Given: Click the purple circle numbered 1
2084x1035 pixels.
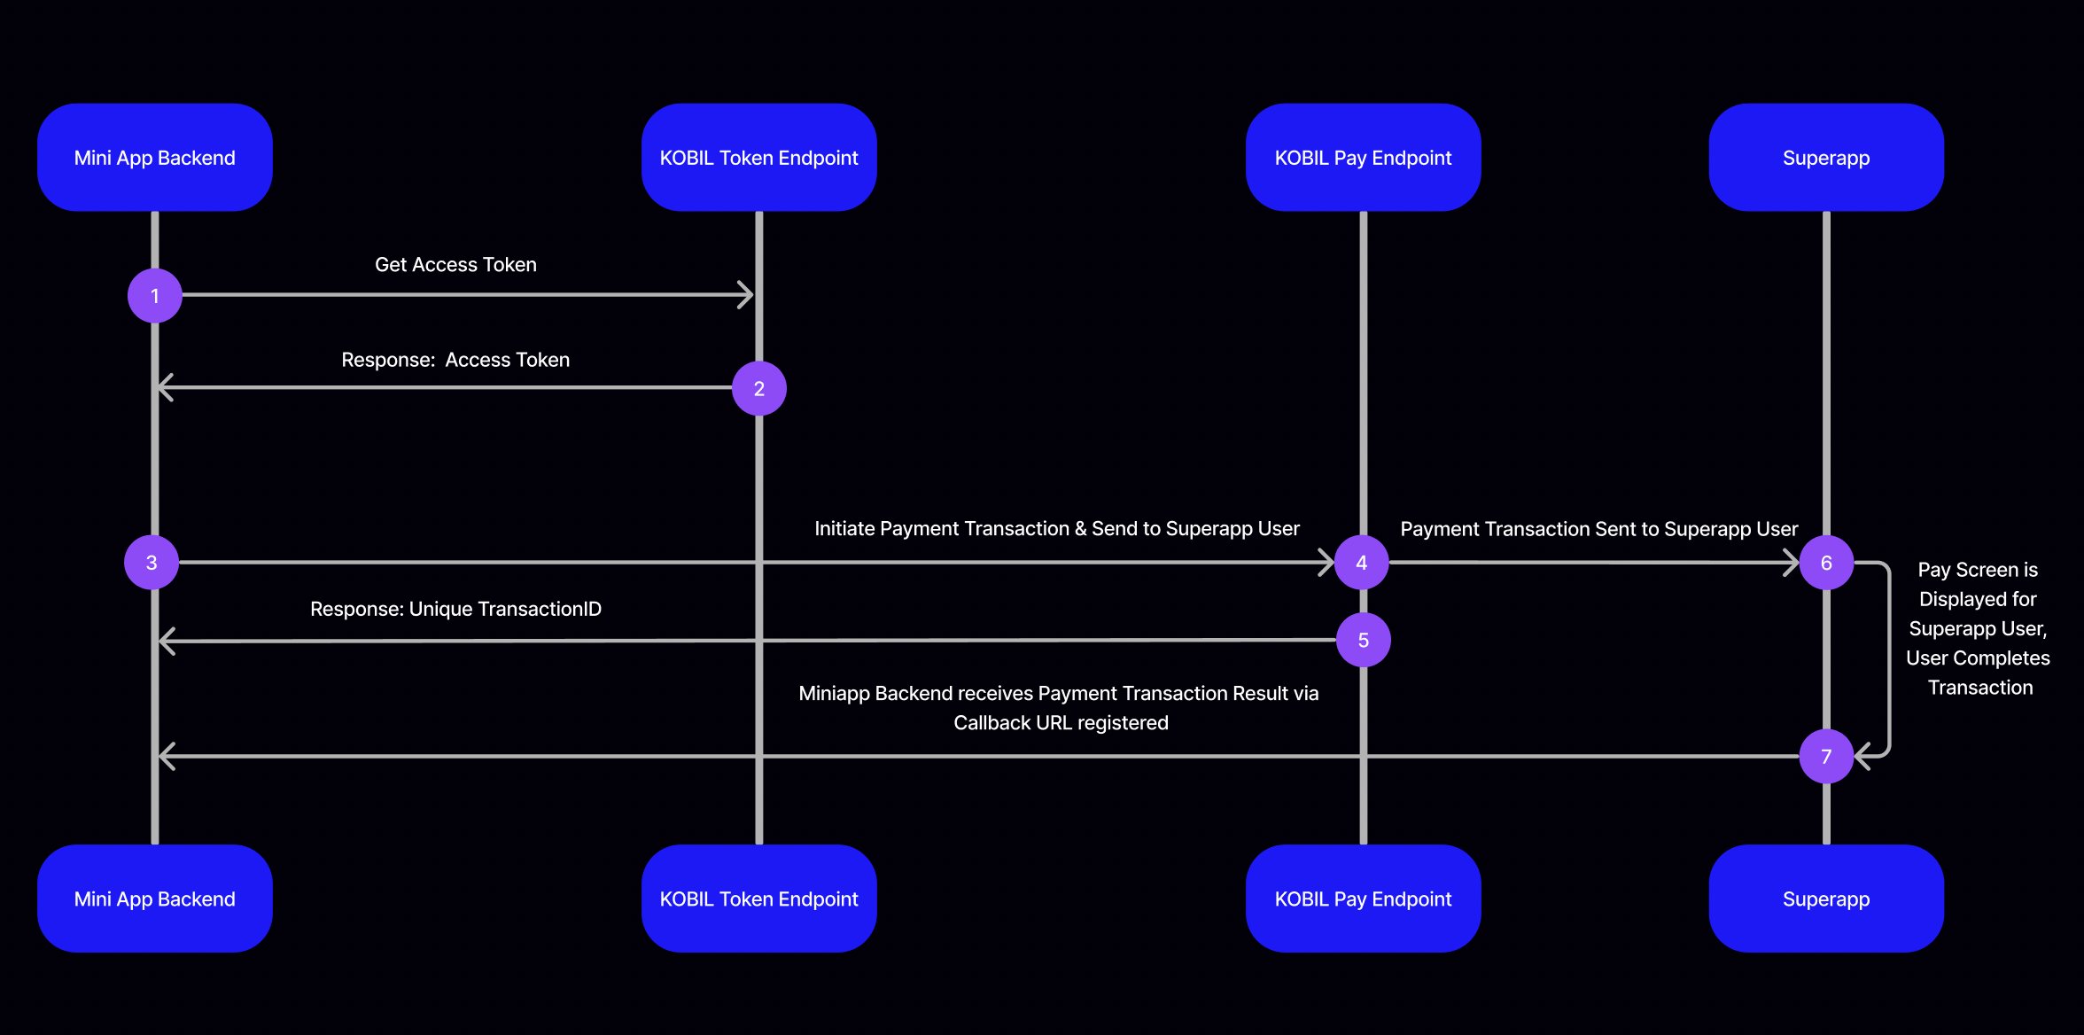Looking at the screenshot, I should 155,296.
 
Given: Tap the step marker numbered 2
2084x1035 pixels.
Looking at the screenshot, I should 759,388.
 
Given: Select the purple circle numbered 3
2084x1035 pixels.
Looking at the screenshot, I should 152,563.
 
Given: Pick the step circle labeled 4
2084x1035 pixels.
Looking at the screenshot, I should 1362,563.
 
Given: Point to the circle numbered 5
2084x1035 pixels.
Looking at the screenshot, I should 1364,640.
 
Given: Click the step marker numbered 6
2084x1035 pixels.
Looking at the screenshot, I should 1826,563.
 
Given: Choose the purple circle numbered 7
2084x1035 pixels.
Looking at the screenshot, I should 1826,757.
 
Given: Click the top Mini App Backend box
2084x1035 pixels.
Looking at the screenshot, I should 155,158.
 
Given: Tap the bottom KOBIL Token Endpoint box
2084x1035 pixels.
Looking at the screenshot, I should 759,899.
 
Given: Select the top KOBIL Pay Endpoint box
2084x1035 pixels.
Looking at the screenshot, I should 1363,158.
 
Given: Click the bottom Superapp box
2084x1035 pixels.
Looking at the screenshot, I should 1826,899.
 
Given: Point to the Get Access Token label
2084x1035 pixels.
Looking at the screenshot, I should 455,265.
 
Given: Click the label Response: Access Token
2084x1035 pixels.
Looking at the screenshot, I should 455,360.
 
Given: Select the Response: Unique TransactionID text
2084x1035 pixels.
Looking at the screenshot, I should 455,609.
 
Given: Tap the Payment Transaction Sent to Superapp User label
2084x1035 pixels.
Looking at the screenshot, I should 1598,529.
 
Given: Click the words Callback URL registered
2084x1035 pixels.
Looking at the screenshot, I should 1061,723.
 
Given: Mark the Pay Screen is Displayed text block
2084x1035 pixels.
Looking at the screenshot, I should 1978,628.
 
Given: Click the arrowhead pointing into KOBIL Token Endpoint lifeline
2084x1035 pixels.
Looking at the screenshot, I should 747,295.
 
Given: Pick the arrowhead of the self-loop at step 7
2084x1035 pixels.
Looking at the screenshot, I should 1862,756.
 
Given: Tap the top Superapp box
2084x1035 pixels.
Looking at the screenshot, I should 1826,158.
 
